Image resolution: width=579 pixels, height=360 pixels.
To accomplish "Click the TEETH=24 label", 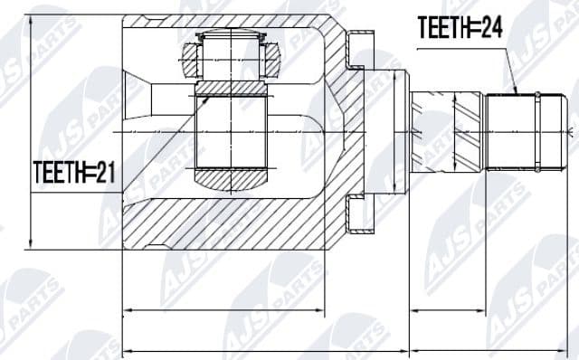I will [460, 29].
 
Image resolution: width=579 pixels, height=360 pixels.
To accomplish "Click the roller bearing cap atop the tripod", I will [231, 42].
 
